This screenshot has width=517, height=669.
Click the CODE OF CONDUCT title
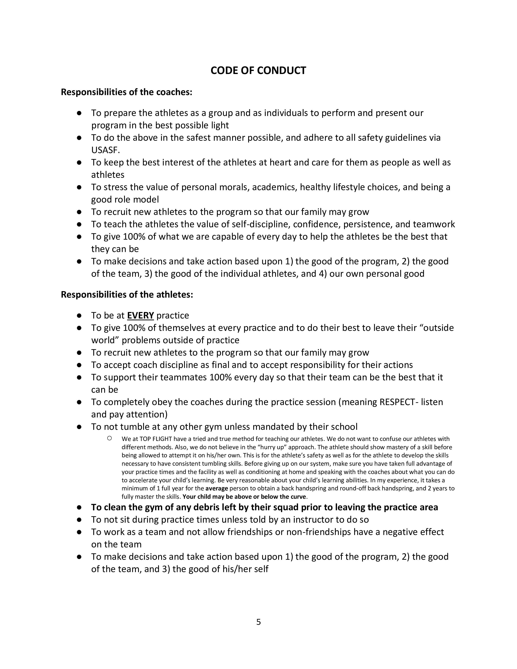[x=258, y=71]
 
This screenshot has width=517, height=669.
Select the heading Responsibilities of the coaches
[x=127, y=92]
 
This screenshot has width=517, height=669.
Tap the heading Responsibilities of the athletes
[x=127, y=294]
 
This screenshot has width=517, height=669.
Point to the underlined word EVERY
[x=140, y=315]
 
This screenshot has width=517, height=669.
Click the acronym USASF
[x=105, y=150]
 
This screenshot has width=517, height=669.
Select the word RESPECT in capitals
[x=397, y=402]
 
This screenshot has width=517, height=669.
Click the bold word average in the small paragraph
[x=217, y=488]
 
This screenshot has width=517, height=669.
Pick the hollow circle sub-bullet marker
[x=109, y=438]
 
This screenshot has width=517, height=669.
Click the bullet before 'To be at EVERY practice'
[x=79, y=315]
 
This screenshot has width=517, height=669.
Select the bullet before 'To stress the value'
[x=79, y=187]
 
